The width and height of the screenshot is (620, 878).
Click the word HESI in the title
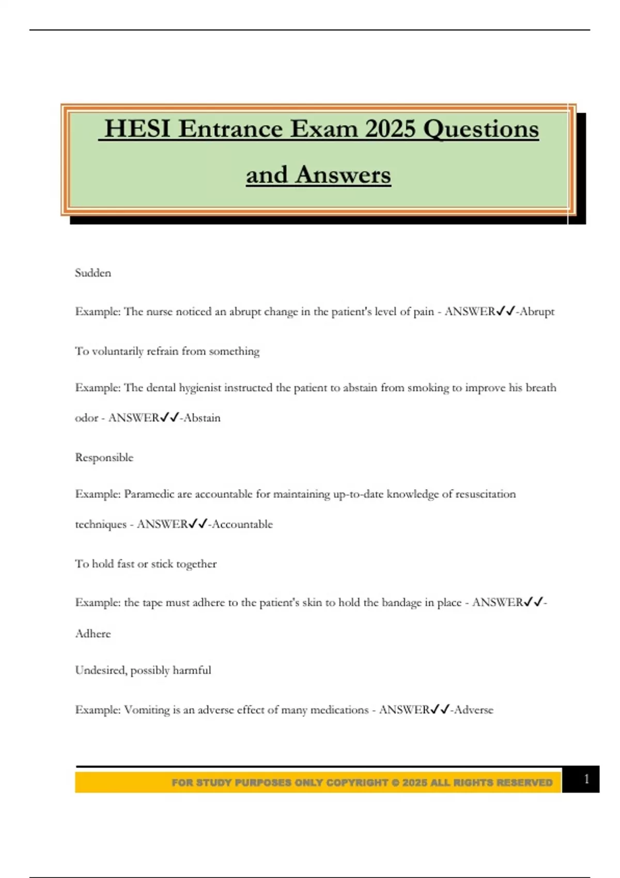tap(137, 129)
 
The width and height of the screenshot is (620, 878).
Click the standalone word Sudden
tap(93, 273)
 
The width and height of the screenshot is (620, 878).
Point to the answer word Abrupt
tap(537, 311)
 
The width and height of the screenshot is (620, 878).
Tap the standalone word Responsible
tap(104, 458)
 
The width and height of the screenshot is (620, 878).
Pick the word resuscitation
tap(485, 494)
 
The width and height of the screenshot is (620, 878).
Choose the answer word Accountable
tap(242, 524)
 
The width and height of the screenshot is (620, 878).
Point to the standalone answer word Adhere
tap(93, 634)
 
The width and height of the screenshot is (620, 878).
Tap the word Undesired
tap(101, 670)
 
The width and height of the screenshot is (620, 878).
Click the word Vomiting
tap(147, 710)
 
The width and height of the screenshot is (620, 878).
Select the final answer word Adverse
tap(474, 710)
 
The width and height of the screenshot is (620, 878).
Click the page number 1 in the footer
tap(586, 779)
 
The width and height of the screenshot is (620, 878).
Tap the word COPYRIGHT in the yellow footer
tap(357, 783)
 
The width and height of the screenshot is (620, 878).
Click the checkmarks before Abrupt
tap(505, 311)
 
